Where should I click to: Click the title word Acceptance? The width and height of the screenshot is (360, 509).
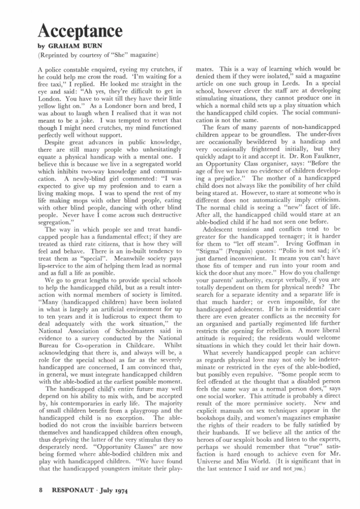click(x=80, y=31)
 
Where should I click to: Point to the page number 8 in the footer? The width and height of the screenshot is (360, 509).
click(x=40, y=490)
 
